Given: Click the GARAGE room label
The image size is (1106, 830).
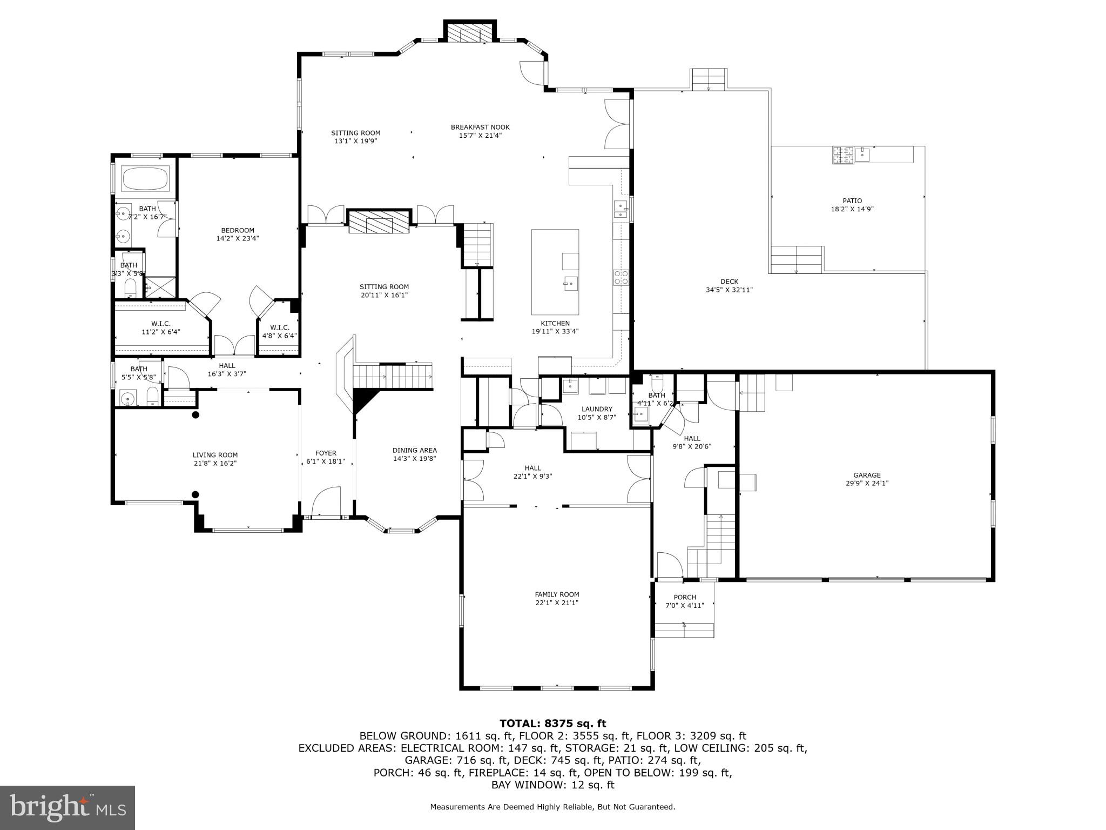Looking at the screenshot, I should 867,475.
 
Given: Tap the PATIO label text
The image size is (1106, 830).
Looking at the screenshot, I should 852,201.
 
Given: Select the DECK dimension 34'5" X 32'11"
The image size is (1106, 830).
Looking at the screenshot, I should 729,290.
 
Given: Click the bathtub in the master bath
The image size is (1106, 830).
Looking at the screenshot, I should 145,178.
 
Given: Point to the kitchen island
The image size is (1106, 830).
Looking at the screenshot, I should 555,272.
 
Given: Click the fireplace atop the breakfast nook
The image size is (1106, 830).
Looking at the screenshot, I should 470,34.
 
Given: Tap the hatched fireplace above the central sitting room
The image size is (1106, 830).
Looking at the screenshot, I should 379,222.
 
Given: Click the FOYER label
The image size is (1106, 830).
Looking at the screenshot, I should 326,453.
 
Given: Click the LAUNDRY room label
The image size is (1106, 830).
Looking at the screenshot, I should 597,409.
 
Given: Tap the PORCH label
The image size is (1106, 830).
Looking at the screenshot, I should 685,597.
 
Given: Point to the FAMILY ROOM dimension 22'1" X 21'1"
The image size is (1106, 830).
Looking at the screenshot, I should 557,603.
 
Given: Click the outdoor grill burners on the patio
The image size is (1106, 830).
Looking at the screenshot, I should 843,155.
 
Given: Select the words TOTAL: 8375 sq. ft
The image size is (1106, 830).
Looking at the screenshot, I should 552,723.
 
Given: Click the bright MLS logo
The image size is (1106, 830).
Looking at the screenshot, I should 68,808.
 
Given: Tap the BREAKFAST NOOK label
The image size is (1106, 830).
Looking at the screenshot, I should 480,128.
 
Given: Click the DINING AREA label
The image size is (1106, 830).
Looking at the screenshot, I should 414,450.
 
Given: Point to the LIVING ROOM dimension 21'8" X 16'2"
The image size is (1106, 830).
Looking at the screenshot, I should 215,463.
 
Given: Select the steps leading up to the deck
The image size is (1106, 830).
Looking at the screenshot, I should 709,80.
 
